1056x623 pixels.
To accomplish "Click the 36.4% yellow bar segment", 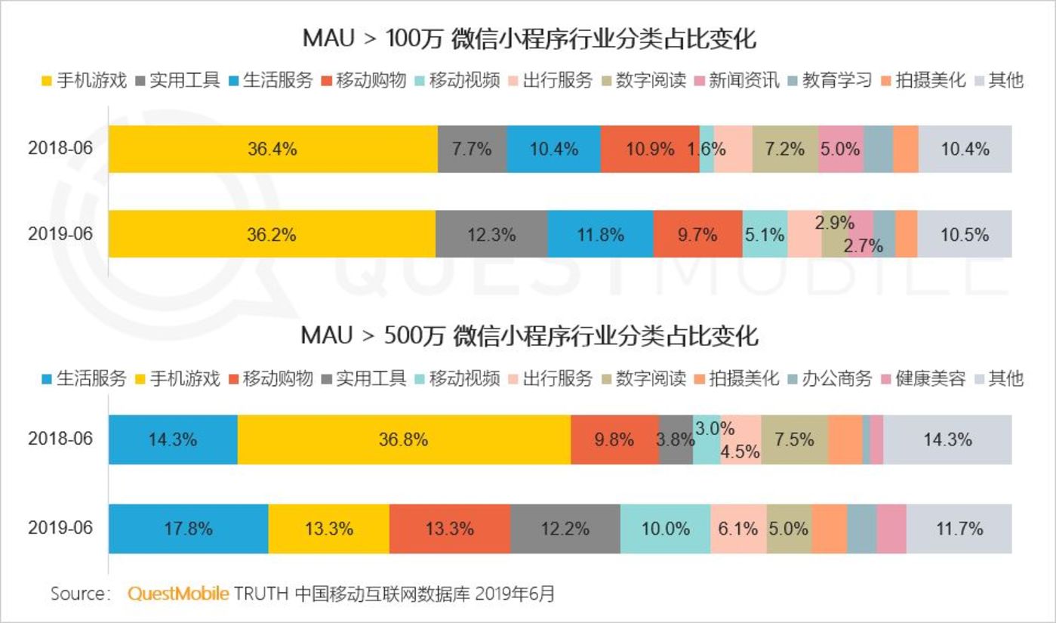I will coord(272,149).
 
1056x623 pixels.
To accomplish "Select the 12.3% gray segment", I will coord(491,235).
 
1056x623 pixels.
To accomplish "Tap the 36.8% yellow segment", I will coord(404,439).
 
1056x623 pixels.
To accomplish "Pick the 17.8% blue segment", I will coord(188,528).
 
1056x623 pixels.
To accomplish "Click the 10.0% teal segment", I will coord(665,528).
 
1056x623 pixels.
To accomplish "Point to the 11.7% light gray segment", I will coord(959,528).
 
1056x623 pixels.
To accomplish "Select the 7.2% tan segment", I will coord(785,149).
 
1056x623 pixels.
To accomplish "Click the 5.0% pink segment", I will coord(840,149).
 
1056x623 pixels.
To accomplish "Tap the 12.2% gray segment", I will coord(565,528).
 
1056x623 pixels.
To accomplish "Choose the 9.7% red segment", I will coord(697,235).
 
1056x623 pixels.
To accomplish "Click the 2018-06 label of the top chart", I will coord(60,148).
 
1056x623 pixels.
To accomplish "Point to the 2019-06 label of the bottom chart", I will coord(60,527).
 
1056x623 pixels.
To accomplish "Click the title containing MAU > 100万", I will coord(529,39).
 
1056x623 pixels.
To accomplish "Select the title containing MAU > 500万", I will coord(529,335).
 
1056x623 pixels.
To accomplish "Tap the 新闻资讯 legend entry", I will coord(737,80).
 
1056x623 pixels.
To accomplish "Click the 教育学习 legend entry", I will coord(830,80).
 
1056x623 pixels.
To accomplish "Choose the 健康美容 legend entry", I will coord(922,378).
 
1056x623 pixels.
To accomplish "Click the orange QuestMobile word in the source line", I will coord(178,594).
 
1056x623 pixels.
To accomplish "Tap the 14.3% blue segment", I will coord(173,439).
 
